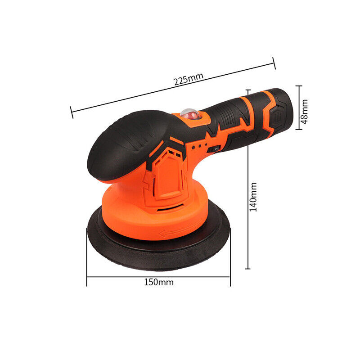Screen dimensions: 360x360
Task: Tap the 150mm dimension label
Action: [159, 282]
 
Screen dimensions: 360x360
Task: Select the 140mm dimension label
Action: [253, 197]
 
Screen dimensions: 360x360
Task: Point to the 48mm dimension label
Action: [304, 112]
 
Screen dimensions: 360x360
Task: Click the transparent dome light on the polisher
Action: [189, 114]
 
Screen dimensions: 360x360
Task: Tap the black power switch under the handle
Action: [214, 149]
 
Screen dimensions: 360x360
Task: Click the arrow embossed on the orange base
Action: [181, 230]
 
